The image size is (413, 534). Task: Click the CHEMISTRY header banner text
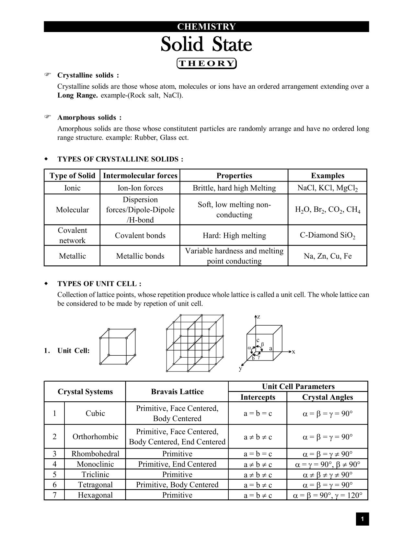(206, 27)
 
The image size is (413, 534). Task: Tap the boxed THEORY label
(206, 63)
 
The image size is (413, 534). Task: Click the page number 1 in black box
(362, 519)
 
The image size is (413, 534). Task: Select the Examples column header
(327, 175)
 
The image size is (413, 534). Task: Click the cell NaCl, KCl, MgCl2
(327, 188)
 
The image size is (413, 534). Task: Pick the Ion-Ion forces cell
(140, 188)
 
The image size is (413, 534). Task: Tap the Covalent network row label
(72, 235)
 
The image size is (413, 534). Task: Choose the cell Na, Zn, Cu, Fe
(327, 256)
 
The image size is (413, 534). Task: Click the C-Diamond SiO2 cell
(327, 235)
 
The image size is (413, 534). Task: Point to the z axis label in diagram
(258, 317)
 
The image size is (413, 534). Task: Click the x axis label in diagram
(293, 352)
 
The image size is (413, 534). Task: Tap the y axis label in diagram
(240, 368)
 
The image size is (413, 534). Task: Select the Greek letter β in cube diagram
(263, 344)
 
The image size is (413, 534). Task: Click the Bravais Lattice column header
(177, 392)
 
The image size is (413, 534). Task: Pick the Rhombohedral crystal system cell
(95, 454)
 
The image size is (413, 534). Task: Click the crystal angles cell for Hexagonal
(327, 495)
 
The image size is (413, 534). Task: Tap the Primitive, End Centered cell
(177, 464)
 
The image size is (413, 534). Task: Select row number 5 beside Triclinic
(54, 474)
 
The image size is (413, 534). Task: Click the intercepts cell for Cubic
(258, 413)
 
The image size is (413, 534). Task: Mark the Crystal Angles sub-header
(327, 397)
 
